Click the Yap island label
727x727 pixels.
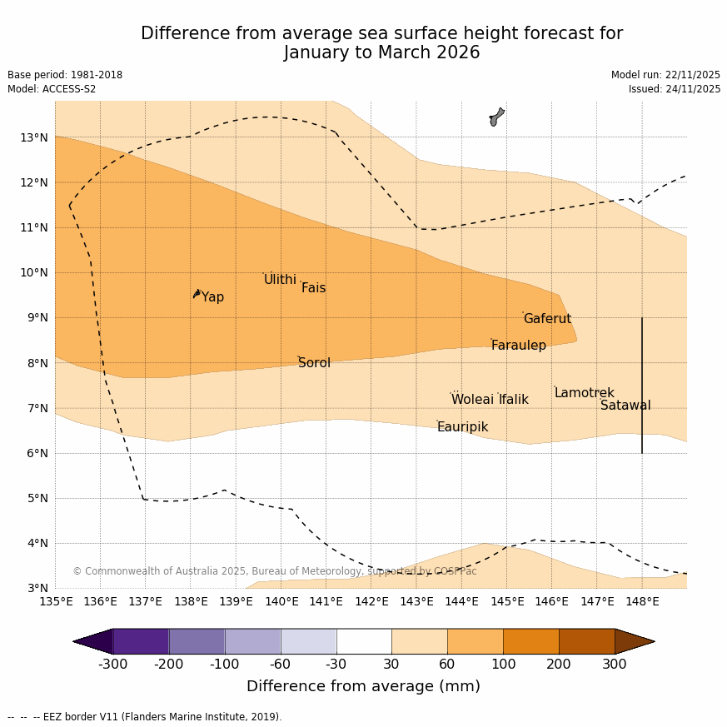(212, 297)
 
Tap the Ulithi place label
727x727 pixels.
(280, 280)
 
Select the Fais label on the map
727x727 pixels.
(313, 288)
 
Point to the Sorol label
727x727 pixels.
(314, 363)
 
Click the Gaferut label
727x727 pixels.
(547, 319)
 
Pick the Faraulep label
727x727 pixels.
(518, 346)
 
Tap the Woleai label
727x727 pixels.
(472, 400)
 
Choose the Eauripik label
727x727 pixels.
(462, 427)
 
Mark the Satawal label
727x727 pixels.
(625, 406)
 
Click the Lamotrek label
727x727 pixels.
(584, 393)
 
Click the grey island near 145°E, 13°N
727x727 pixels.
(496, 117)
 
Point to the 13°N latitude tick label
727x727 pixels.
(33, 137)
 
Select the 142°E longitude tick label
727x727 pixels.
(371, 601)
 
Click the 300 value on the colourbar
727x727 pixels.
(615, 664)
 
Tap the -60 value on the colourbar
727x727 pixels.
(281, 664)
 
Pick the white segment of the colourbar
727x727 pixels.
(364, 641)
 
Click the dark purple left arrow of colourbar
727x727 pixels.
(93, 641)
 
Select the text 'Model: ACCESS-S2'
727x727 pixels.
(52, 89)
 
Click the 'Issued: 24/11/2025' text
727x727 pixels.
(675, 89)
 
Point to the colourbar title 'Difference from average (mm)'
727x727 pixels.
(363, 687)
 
